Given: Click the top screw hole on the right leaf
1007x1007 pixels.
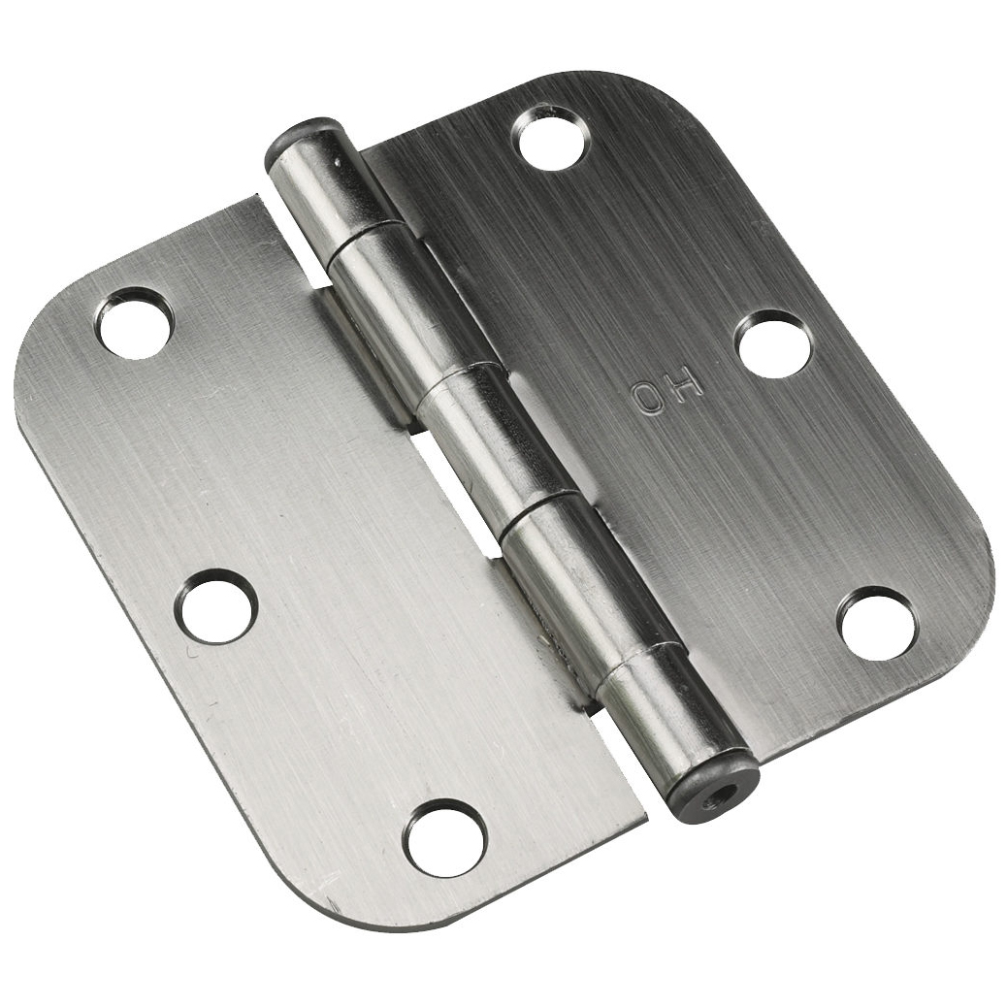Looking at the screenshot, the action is point(555,138).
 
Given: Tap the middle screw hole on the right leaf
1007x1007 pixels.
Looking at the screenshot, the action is point(773,343).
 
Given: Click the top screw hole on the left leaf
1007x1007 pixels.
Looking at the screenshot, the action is point(134,321).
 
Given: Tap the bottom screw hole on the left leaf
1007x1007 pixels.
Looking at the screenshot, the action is point(443,838).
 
